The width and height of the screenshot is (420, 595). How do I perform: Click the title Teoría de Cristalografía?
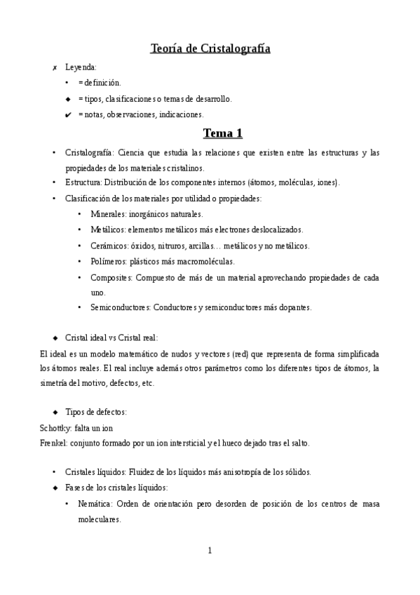click(x=210, y=48)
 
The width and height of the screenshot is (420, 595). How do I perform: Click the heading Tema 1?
click(x=222, y=133)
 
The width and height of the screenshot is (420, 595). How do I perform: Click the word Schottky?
click(x=56, y=427)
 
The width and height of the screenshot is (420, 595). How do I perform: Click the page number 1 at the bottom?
click(x=210, y=550)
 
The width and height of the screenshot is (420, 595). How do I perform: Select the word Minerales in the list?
click(x=109, y=214)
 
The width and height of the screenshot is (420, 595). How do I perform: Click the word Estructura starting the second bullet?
click(x=83, y=182)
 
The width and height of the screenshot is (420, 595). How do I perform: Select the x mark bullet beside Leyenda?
click(x=55, y=68)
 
